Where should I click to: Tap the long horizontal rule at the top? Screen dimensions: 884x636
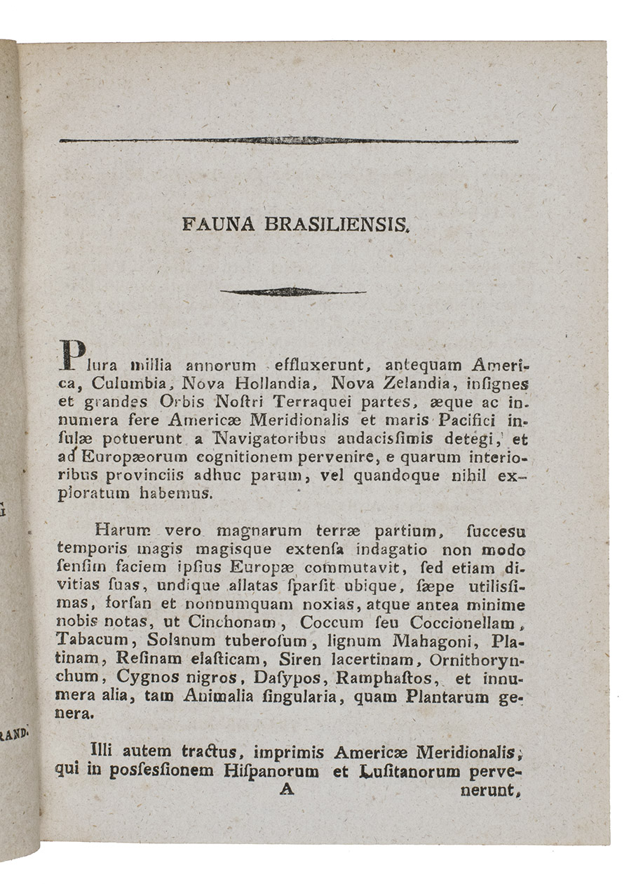pos(288,141)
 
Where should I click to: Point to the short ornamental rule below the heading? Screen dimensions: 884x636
pos(292,292)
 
